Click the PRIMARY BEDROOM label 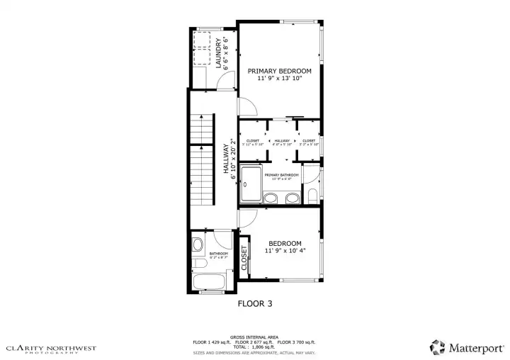tap(279, 71)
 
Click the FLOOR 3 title tap(255, 303)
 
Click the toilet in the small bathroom tap(198, 246)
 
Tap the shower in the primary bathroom tap(251, 183)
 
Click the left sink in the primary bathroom tap(271, 198)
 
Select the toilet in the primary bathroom tap(312, 196)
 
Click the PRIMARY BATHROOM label tap(281, 175)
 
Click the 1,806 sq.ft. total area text tap(255, 347)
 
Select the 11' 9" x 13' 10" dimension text tap(279, 79)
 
